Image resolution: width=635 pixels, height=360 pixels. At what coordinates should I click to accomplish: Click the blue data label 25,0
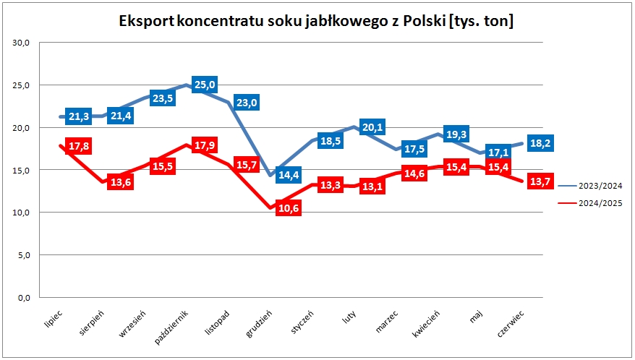tap(205, 85)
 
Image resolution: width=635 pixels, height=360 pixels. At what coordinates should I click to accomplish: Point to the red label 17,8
tap(78, 147)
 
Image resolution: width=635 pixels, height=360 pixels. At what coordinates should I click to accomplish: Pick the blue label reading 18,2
tap(540, 142)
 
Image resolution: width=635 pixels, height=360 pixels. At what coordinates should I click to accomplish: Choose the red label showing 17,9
tap(204, 145)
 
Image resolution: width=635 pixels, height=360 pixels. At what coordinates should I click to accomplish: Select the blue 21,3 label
tap(78, 116)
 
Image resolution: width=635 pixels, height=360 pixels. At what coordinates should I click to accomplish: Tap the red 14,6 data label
tap(414, 173)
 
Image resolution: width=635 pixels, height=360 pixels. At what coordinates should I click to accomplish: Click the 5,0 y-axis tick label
tap(22, 255)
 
